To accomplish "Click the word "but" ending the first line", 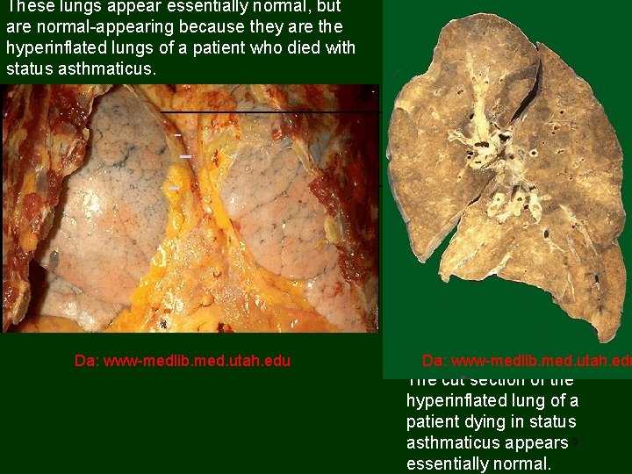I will tap(327, 7).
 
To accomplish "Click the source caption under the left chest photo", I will tap(183, 360).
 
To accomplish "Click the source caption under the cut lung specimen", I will tap(525, 360).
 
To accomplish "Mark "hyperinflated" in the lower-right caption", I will tap(455, 401).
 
